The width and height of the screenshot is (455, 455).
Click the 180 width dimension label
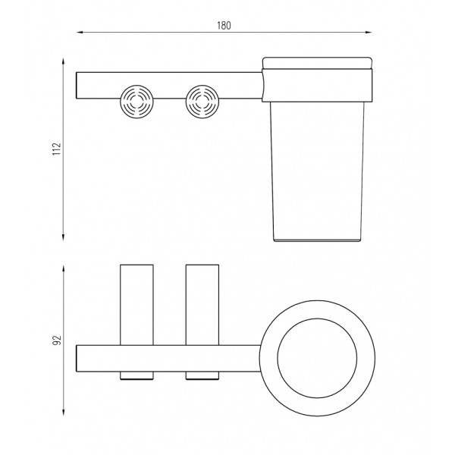[224, 26]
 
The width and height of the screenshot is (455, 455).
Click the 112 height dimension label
[57, 149]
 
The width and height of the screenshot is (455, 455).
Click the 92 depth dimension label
[57, 340]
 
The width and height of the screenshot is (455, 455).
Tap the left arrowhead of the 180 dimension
[80, 32]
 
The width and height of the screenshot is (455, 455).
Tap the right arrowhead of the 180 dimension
[369, 32]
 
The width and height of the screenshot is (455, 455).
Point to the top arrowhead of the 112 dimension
[63, 61]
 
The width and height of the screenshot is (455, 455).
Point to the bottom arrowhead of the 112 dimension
[63, 237]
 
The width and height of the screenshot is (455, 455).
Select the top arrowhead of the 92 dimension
[63, 269]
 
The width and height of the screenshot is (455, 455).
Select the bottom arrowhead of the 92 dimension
[63, 413]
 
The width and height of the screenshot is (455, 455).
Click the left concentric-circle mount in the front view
[136, 102]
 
